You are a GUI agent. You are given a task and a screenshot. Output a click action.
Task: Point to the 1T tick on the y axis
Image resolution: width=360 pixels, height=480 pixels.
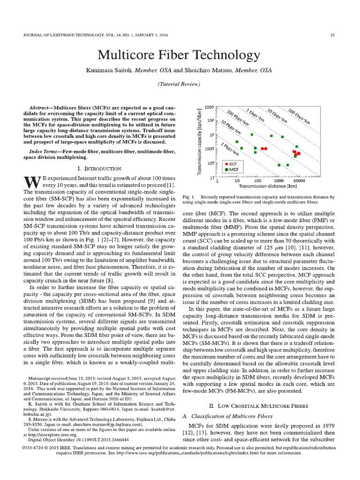211,179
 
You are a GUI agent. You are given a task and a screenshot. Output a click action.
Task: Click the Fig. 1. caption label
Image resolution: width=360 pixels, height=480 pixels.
188,197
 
